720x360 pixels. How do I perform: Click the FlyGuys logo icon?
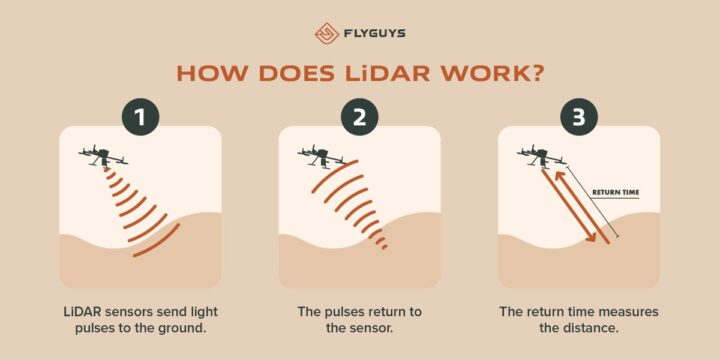point(325,31)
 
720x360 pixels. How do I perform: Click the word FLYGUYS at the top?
point(373,32)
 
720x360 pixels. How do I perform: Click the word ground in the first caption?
point(186,328)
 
